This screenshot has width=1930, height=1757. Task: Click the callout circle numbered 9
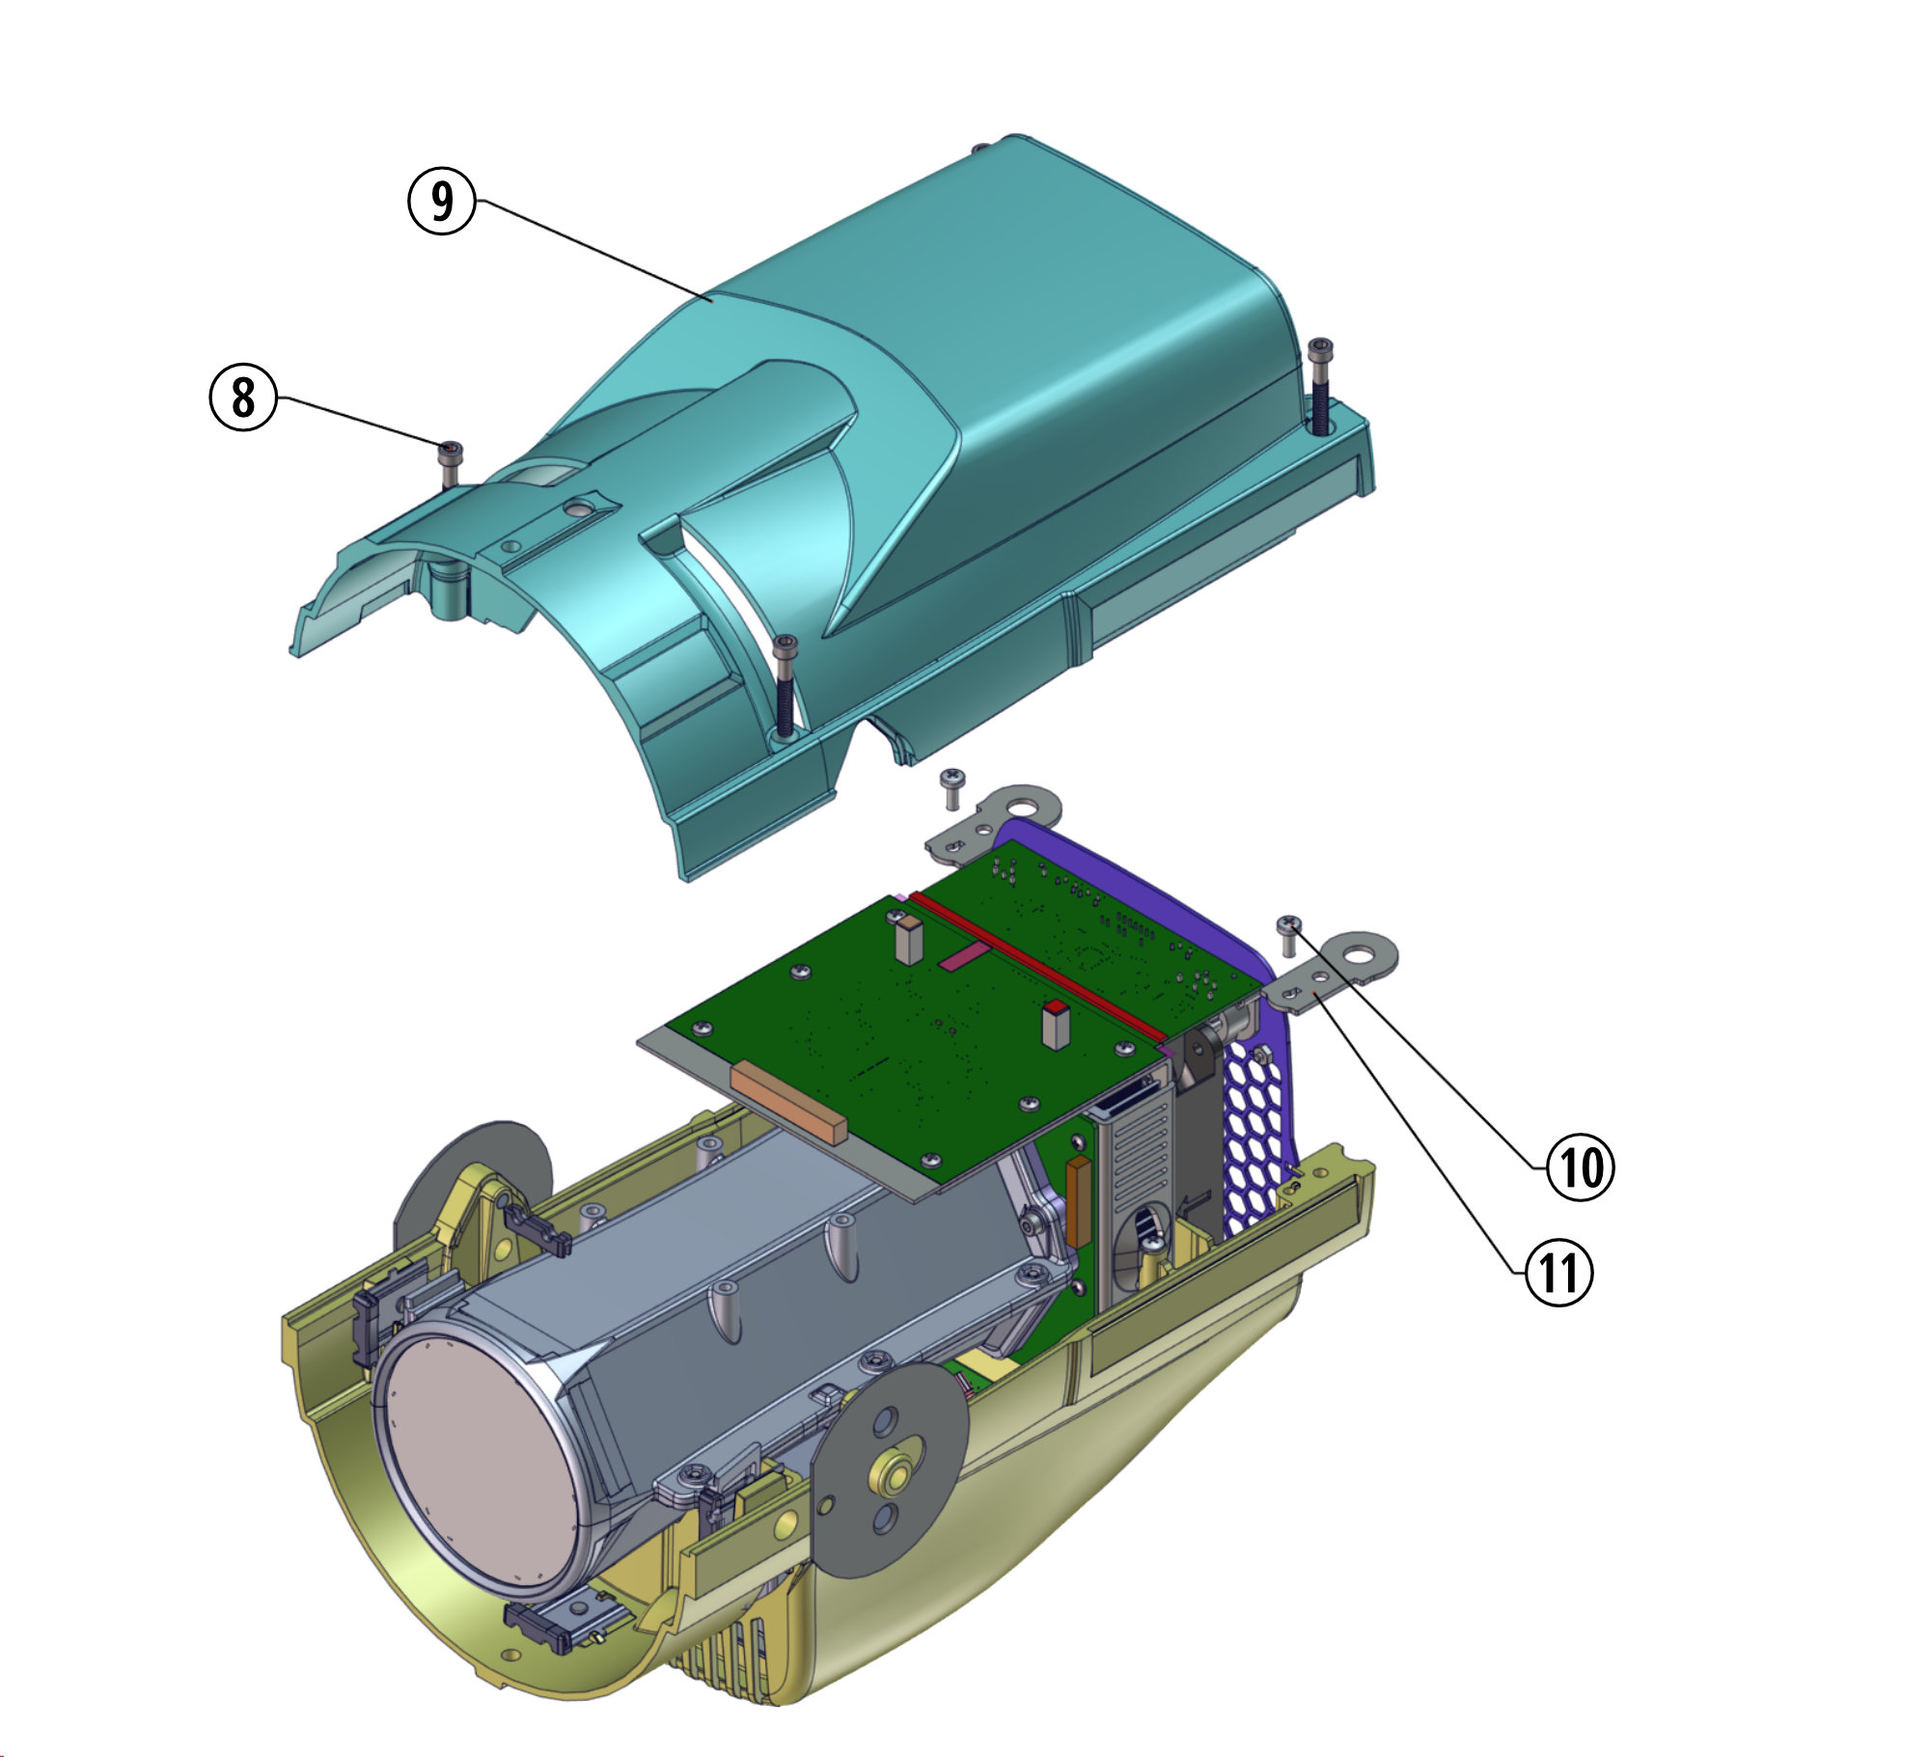(442, 201)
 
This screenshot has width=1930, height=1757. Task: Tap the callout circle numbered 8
(243, 397)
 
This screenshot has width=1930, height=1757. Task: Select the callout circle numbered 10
(1581, 1167)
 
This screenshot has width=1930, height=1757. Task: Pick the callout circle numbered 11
(1559, 1273)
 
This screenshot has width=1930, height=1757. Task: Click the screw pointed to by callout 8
(451, 464)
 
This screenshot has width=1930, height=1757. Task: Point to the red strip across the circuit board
(1037, 966)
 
